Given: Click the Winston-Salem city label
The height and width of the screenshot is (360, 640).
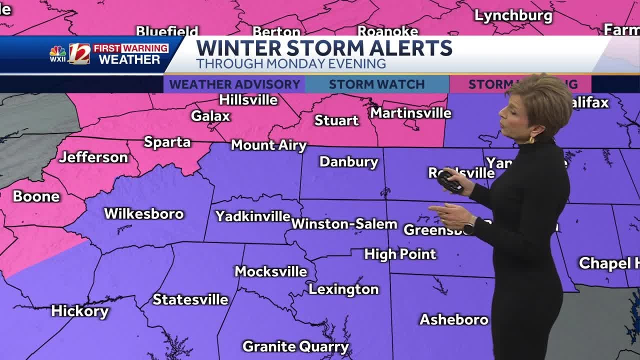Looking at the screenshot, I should tap(344, 224).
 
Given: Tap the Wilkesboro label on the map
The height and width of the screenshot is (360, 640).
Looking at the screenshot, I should tap(144, 214).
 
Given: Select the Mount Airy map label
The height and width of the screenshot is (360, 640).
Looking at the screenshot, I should tap(268, 145).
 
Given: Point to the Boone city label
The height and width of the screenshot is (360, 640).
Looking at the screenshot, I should tap(36, 196).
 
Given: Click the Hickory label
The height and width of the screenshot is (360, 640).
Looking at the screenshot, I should tap(80, 311).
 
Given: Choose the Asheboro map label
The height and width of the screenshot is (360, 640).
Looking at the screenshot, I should tap(453, 319).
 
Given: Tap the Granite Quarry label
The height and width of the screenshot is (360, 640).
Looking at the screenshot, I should tap(295, 346).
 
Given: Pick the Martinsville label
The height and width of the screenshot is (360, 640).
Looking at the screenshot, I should tap(410, 113).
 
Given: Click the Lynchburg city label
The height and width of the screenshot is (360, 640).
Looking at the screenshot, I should tap(513, 16).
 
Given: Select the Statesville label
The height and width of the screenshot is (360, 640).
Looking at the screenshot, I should tap(190, 299).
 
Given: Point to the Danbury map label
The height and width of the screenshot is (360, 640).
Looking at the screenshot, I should tap(348, 162).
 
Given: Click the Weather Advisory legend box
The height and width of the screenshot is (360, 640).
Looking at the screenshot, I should tap(234, 84).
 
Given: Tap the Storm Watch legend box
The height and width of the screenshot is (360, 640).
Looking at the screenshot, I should tap(376, 84).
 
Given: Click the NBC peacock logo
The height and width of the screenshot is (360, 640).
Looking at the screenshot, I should tap(57, 51).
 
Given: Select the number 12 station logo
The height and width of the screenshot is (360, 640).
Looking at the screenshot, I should tap(79, 54).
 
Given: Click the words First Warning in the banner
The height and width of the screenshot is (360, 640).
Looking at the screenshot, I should tap(130, 48).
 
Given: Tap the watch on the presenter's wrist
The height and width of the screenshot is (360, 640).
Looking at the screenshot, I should tap(468, 228).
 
